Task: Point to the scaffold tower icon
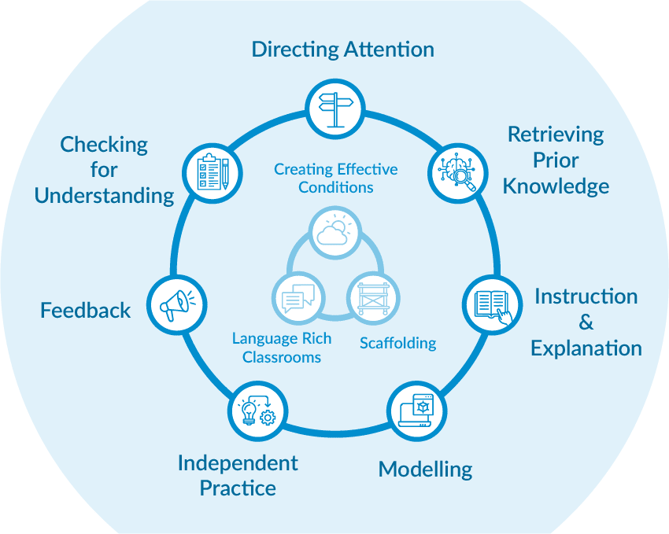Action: (x=373, y=297)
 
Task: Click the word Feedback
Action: (x=86, y=311)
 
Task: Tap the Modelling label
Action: (x=425, y=470)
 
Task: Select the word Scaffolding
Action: (x=397, y=343)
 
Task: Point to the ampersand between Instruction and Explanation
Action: (x=586, y=322)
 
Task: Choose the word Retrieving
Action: (x=556, y=134)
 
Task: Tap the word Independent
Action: (x=238, y=462)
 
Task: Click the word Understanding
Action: (x=104, y=195)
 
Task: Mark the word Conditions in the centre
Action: (x=335, y=187)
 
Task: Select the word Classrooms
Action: (x=282, y=357)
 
